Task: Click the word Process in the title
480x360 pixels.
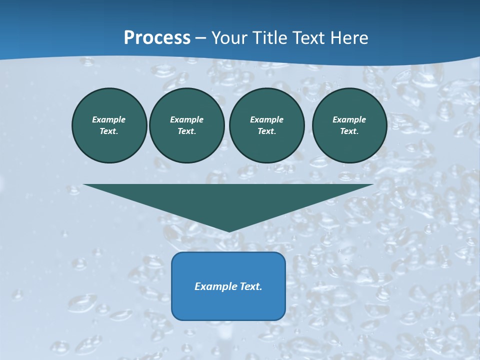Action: pos(157,38)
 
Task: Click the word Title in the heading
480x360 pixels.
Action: pos(269,38)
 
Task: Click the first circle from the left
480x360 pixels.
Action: pos(109,125)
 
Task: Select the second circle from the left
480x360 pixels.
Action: pos(187,125)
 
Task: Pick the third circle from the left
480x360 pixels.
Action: pos(267,125)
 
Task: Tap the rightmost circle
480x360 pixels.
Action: pos(349,125)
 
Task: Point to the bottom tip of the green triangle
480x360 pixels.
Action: pos(229,230)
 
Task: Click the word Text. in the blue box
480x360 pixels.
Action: pos(251,286)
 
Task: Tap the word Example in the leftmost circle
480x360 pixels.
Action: pos(109,119)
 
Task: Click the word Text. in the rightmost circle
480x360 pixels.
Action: pos(349,131)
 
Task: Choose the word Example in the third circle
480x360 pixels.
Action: pos(267,119)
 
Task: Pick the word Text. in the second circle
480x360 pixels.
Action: pos(187,131)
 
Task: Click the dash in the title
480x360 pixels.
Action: pos(201,38)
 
